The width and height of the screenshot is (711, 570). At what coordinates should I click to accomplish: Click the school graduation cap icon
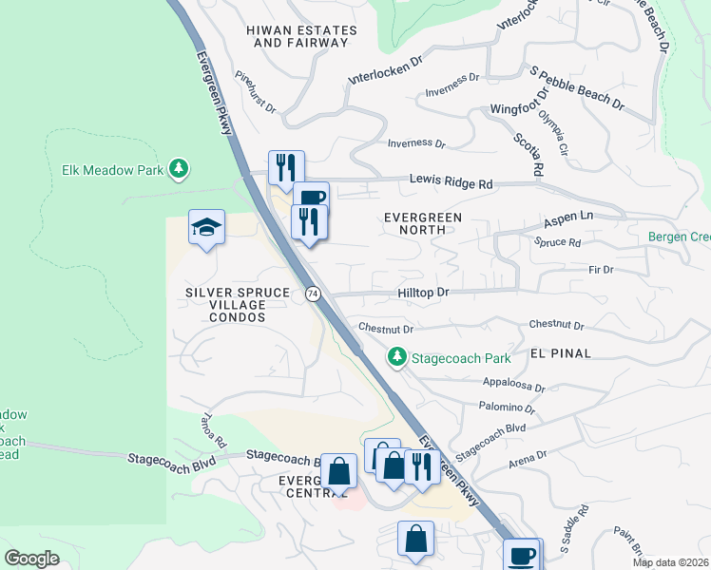[206, 227]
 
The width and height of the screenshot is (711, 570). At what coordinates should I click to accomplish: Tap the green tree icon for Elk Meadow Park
[178, 169]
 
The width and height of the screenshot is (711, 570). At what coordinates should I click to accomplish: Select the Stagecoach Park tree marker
[396, 358]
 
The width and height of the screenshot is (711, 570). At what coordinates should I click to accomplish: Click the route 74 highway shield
[312, 294]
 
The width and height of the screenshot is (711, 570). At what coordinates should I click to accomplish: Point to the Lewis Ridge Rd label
[452, 180]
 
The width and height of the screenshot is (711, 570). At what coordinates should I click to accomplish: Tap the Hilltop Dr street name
[422, 293]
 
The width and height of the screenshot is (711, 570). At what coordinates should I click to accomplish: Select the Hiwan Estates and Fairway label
[301, 36]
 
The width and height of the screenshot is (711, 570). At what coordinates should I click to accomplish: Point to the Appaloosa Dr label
[513, 388]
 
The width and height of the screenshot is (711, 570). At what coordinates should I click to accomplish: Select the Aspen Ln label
[567, 219]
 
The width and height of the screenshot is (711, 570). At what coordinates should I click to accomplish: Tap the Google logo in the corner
[32, 558]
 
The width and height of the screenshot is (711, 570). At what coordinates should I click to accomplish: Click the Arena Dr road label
[528, 457]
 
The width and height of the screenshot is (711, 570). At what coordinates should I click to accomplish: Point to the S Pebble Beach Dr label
[577, 87]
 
